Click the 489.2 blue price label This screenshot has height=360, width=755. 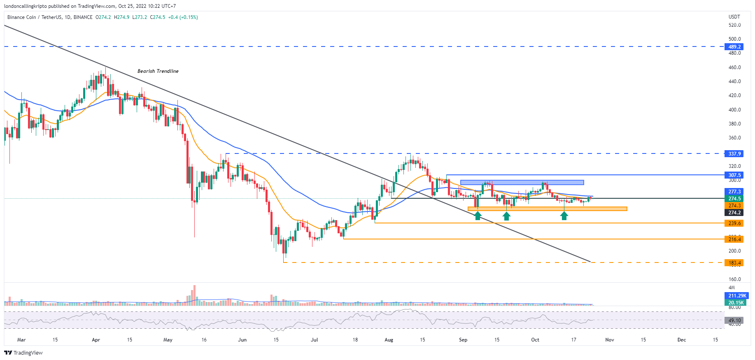pyautogui.click(x=734, y=47)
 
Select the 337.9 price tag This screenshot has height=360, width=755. pyautogui.click(x=734, y=154)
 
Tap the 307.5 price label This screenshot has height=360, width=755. pyautogui.click(x=734, y=175)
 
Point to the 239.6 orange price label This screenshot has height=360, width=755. pyautogui.click(x=734, y=223)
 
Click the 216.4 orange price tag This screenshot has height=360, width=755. pyautogui.click(x=734, y=239)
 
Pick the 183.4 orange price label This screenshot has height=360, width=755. pyautogui.click(x=734, y=263)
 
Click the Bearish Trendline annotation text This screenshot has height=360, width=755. pyautogui.click(x=158, y=71)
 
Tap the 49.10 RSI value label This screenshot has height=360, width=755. pyautogui.click(x=734, y=321)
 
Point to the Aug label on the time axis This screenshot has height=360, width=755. pyautogui.click(x=389, y=340)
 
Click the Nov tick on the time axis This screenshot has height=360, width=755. pyautogui.click(x=610, y=340)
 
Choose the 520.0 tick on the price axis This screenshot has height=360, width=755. pyautogui.click(x=734, y=25)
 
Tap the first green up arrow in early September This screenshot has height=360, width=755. pyautogui.click(x=478, y=216)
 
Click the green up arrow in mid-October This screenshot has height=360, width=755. pyautogui.click(x=564, y=216)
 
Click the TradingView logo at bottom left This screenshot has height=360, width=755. pyautogui.click(x=23, y=353)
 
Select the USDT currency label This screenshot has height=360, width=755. pyautogui.click(x=734, y=17)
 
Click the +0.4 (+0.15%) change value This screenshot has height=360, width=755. pyautogui.click(x=183, y=17)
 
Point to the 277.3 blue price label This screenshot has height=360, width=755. pyautogui.click(x=734, y=192)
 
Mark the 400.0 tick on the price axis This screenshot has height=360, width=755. pyautogui.click(x=734, y=110)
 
